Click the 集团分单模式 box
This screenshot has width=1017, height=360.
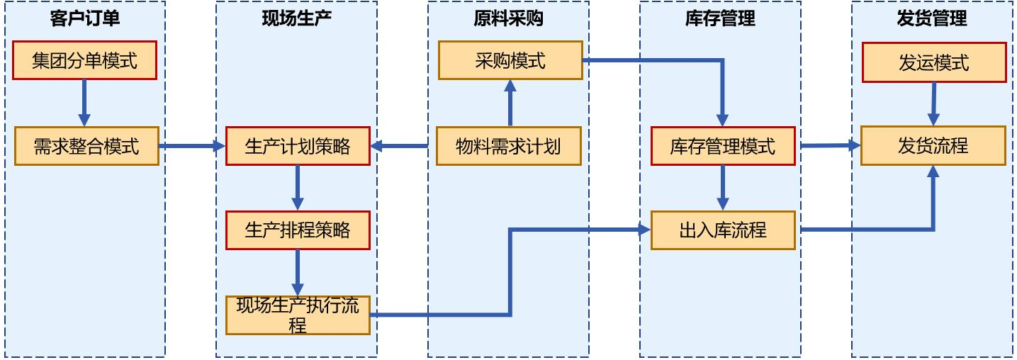click(84, 60)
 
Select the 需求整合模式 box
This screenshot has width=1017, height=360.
click(86, 146)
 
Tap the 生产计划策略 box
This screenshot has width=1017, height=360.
click(298, 146)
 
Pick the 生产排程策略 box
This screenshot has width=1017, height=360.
click(298, 230)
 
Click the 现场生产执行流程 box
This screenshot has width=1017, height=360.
click(298, 315)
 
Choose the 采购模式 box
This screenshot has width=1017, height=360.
click(510, 60)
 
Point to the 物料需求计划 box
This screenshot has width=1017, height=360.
click(508, 146)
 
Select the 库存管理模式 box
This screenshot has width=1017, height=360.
click(722, 146)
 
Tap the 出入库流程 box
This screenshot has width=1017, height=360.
click(723, 230)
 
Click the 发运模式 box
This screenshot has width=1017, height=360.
click(934, 62)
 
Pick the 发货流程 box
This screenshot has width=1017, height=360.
click(933, 146)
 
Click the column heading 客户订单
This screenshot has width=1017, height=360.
click(85, 18)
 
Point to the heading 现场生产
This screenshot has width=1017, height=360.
click(297, 18)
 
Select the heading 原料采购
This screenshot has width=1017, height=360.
click(509, 18)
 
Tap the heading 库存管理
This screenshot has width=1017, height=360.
click(720, 18)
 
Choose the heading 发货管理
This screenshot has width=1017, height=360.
click(932, 18)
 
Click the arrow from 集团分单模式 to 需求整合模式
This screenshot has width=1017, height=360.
click(84, 102)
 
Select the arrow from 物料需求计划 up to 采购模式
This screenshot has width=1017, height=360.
click(510, 103)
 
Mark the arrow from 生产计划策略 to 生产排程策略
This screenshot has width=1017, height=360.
click(298, 187)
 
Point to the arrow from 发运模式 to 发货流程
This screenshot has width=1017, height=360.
click(933, 103)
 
